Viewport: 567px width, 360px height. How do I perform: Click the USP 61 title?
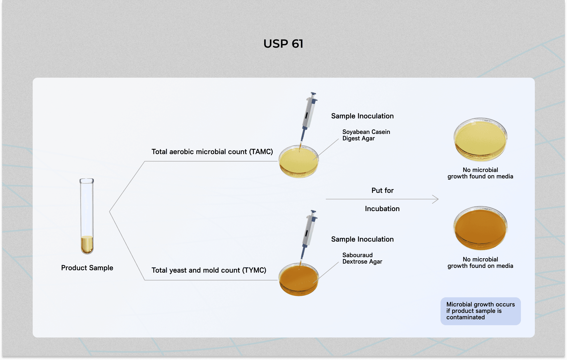tap(283, 44)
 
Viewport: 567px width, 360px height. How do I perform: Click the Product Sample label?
tap(87, 268)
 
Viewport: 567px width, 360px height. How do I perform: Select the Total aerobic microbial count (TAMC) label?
tap(212, 152)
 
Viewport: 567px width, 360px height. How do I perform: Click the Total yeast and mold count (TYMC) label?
tap(209, 270)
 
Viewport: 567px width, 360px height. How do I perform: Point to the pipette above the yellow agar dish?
tap(309, 115)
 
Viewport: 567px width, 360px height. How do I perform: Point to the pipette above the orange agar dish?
tap(309, 233)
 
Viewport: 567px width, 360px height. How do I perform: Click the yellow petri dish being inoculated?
tap(299, 162)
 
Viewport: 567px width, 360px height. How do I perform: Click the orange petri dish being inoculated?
tap(299, 280)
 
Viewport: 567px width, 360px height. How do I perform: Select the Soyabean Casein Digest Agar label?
tap(366, 135)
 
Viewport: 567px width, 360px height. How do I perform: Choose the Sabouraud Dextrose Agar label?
tap(362, 258)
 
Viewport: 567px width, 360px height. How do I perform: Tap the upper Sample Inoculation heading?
tap(362, 116)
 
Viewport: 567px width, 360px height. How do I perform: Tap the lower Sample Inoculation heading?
tap(362, 239)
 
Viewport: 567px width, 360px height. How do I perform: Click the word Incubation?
tap(382, 209)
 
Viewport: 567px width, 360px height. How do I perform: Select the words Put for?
tap(382, 190)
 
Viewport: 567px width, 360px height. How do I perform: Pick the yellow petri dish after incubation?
tap(480, 139)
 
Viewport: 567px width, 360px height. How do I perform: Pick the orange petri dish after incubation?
tap(480, 228)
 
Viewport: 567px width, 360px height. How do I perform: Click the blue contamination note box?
tap(480, 311)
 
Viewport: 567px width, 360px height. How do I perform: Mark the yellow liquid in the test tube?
tap(87, 244)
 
